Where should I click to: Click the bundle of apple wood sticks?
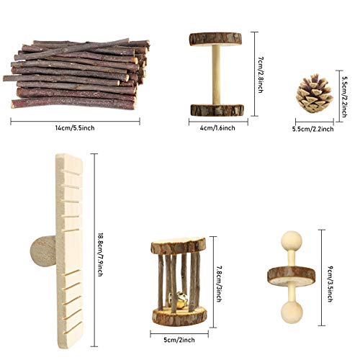tap(78, 74)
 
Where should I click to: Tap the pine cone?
tap(315, 94)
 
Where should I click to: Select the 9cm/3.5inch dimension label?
tap(328, 275)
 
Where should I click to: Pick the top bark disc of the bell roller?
tap(178, 246)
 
